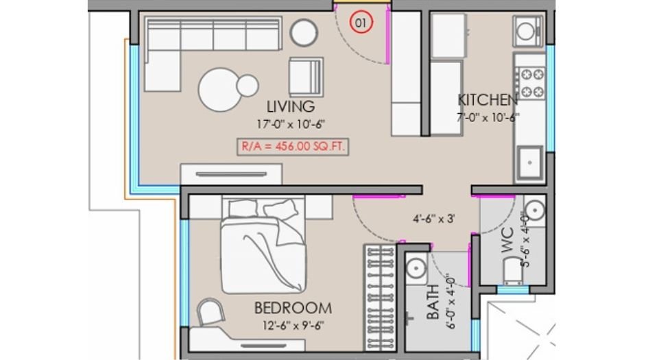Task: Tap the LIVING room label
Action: pyautogui.click(x=291, y=107)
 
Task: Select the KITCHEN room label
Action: pyautogui.click(x=488, y=99)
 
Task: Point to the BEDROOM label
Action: pyautogui.click(x=293, y=307)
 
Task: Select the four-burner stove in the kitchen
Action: pyautogui.click(x=531, y=82)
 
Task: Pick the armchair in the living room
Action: pyautogui.click(x=304, y=77)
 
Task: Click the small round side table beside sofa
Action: pyautogui.click(x=303, y=32)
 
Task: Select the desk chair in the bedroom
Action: pyautogui.click(x=211, y=313)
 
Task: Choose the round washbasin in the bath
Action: pyautogui.click(x=414, y=268)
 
